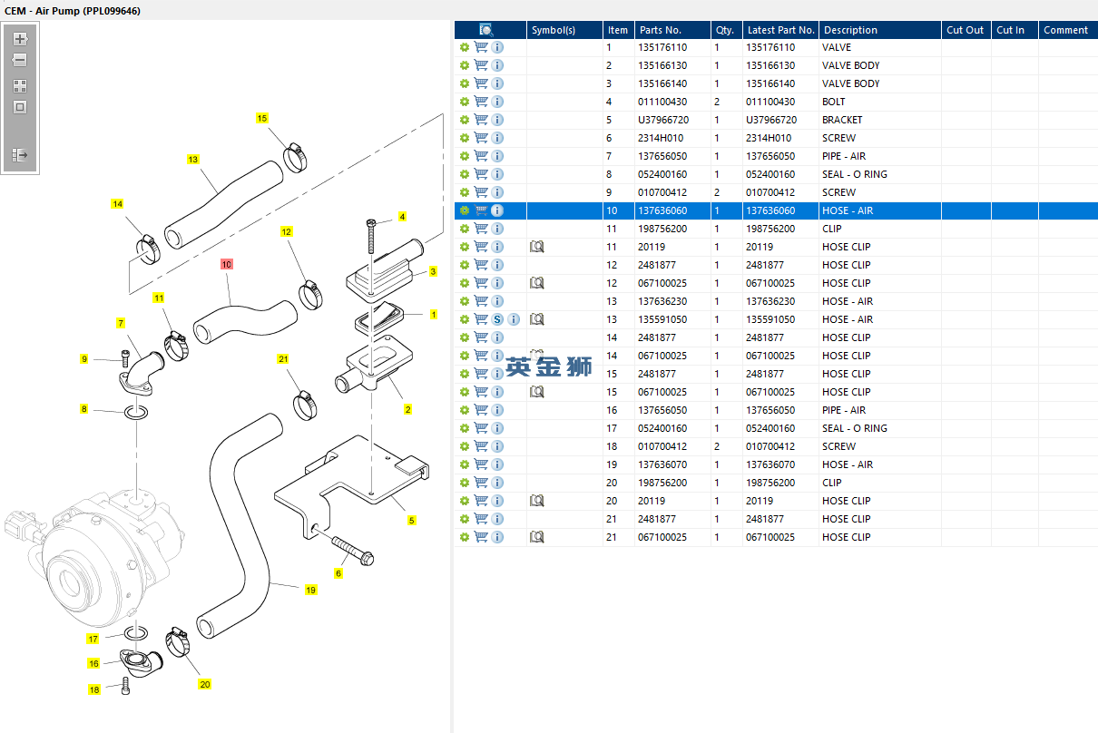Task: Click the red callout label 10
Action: pyautogui.click(x=227, y=265)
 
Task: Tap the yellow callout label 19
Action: pyautogui.click(x=310, y=590)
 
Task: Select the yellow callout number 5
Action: pyautogui.click(x=412, y=521)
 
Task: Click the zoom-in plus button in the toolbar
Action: pyautogui.click(x=20, y=39)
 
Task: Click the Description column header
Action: pyautogui.click(x=850, y=30)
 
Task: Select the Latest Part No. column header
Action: pyautogui.click(x=781, y=30)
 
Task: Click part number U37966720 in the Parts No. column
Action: pyautogui.click(x=663, y=120)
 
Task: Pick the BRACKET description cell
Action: pyautogui.click(x=842, y=120)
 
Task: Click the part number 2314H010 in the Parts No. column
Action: pyautogui.click(x=661, y=138)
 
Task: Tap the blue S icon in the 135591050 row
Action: pyautogui.click(x=497, y=319)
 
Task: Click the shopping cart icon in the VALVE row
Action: pyautogui.click(x=481, y=47)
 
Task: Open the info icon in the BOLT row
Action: pyautogui.click(x=497, y=102)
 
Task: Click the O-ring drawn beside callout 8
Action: pyautogui.click(x=136, y=412)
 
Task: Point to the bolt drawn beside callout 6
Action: pyautogui.click(x=352, y=551)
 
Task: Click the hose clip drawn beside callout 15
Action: pyautogui.click(x=295, y=157)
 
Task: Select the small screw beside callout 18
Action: pyautogui.click(x=125, y=686)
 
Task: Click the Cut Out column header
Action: pyautogui.click(x=965, y=30)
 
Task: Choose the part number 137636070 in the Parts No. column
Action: pyautogui.click(x=662, y=464)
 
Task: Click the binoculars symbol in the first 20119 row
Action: pyautogui.click(x=536, y=247)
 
